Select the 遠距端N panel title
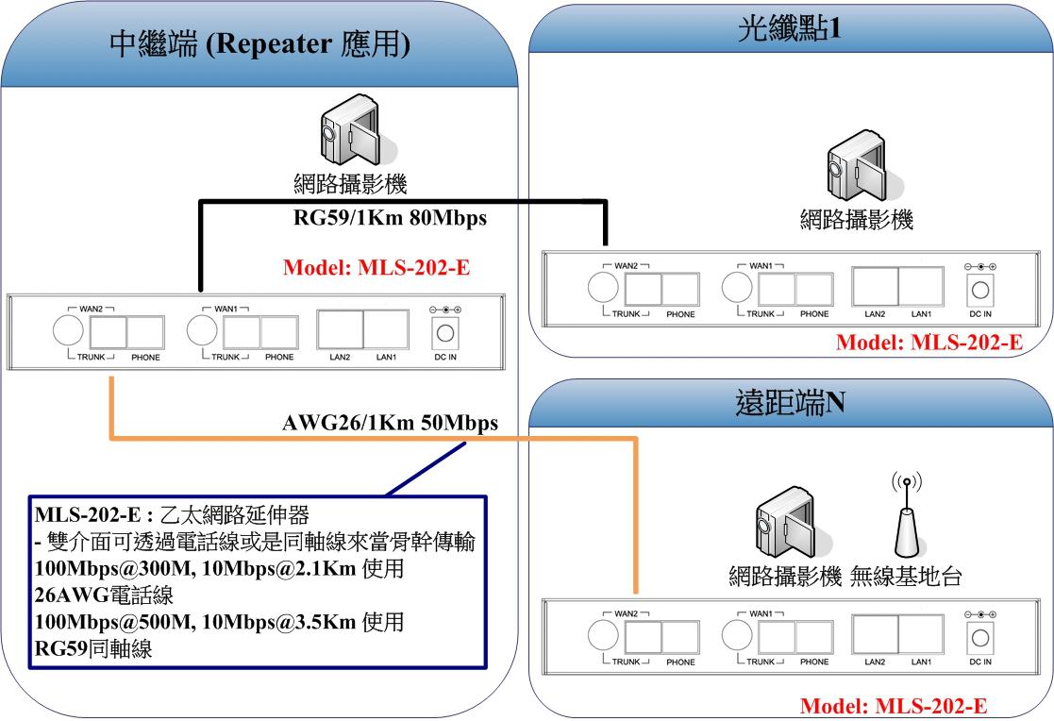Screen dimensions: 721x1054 click(790, 405)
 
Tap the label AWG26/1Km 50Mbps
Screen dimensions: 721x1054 click(390, 422)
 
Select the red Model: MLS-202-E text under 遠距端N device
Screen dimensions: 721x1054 click(894, 706)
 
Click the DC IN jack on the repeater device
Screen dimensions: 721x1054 click(443, 332)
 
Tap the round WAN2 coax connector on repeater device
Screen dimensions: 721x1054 click(66, 330)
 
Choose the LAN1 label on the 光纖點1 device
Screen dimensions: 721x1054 click(922, 313)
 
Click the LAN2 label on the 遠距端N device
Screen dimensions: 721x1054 click(875, 662)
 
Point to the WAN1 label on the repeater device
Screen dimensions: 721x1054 click(226, 309)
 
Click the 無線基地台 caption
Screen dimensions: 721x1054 click(907, 576)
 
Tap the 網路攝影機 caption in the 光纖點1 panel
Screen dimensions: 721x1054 click(857, 222)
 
